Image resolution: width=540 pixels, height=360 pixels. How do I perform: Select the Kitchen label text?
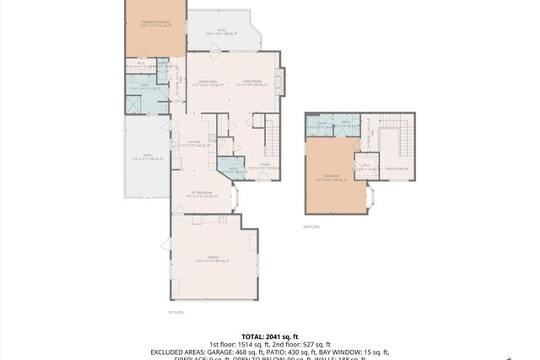193,143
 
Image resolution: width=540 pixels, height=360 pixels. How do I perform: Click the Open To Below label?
397,169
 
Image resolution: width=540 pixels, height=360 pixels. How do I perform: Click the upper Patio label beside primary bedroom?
222,31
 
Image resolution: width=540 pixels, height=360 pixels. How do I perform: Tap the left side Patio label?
141,157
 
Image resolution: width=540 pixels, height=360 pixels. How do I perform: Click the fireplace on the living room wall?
283,82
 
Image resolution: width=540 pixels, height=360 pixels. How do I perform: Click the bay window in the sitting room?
235,199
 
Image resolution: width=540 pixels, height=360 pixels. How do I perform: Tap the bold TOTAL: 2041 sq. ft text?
270,336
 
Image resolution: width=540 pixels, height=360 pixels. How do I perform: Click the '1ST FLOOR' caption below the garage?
175,312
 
